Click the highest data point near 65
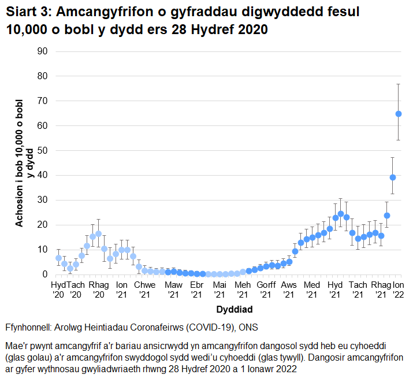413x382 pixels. [x=398, y=114]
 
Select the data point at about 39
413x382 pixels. [x=393, y=177]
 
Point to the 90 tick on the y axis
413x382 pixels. [x=42, y=51]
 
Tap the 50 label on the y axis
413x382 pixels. [x=42, y=150]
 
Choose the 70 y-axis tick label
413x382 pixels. [x=42, y=101]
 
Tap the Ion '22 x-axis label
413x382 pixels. [x=398, y=290]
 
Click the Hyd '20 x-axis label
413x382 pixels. [x=59, y=290]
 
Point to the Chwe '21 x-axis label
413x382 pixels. [x=144, y=290]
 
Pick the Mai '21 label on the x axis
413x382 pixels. [x=219, y=290]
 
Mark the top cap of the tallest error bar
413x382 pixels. [x=398, y=84]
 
